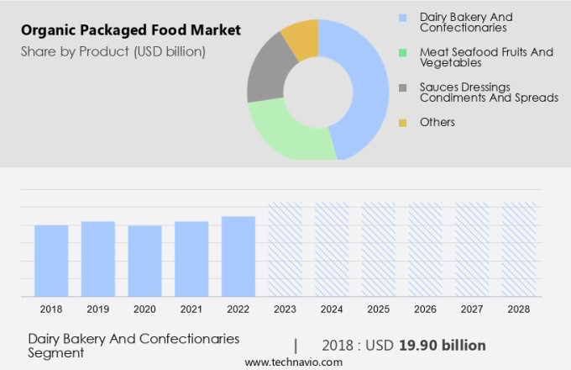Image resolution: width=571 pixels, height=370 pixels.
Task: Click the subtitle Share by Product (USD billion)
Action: [x=113, y=51]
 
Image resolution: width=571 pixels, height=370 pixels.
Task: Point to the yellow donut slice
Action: [x=301, y=37]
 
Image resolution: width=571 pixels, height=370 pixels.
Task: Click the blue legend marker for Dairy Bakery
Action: [x=403, y=18]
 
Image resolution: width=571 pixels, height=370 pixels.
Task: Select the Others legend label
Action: [x=437, y=123]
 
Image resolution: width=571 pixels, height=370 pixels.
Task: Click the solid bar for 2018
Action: [x=51, y=261]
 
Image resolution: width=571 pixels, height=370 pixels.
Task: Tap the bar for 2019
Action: [x=98, y=258]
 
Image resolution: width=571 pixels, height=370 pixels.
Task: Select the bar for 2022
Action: [x=238, y=256]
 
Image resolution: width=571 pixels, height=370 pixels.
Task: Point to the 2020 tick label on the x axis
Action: [x=144, y=309]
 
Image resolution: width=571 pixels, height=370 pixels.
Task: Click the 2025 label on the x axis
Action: [x=379, y=309]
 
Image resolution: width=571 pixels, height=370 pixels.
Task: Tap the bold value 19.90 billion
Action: [x=442, y=345]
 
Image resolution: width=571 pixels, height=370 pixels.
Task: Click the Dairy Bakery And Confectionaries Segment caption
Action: [x=134, y=346]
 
